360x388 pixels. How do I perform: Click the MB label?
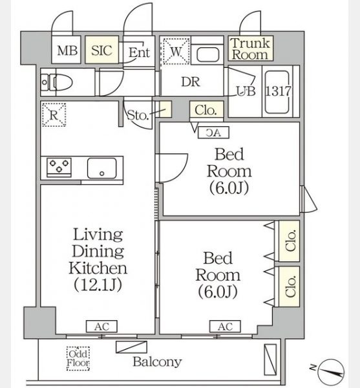click(x=67, y=50)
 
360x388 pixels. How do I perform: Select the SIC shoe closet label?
click(x=101, y=50)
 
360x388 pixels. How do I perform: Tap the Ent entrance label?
click(x=139, y=52)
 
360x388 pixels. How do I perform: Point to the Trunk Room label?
click(x=250, y=48)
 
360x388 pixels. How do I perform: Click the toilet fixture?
click(x=57, y=82)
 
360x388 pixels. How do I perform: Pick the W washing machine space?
click(x=176, y=52)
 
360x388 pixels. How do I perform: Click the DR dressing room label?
click(x=191, y=82)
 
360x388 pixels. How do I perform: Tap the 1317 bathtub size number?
click(x=279, y=91)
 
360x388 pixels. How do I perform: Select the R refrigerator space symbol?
click(x=54, y=115)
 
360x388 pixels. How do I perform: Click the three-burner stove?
click(x=59, y=166)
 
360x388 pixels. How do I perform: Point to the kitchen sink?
click(x=101, y=168)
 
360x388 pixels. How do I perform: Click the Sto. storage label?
click(x=138, y=115)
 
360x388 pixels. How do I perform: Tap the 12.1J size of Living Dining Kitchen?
click(x=98, y=285)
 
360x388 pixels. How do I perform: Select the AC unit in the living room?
click(x=101, y=327)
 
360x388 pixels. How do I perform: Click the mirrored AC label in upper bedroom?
click(x=214, y=133)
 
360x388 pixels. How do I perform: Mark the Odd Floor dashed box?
click(x=78, y=358)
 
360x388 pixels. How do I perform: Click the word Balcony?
click(x=157, y=362)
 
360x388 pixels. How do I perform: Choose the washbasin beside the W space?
click(x=208, y=54)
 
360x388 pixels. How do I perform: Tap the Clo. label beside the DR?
click(x=206, y=111)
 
